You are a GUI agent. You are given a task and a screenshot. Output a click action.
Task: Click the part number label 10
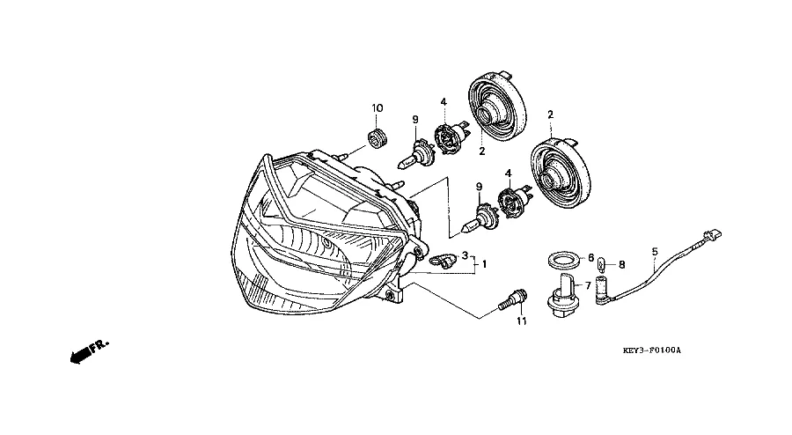point(378,108)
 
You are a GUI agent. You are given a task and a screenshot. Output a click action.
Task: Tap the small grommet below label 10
point(378,137)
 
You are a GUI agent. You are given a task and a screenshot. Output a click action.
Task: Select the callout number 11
point(521,322)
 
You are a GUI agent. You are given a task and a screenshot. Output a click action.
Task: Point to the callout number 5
point(654,252)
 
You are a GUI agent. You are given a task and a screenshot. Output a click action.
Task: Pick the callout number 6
point(590,258)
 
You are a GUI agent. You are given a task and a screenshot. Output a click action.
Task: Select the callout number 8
point(621,263)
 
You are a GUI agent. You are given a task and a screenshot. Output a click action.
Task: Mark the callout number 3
point(465,254)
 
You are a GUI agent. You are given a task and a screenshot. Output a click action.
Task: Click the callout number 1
point(483,263)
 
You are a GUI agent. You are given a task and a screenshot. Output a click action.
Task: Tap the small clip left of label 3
point(442,260)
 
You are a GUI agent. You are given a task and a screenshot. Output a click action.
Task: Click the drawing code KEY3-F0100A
point(652,350)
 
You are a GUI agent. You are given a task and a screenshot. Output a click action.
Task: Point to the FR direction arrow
point(86,351)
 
